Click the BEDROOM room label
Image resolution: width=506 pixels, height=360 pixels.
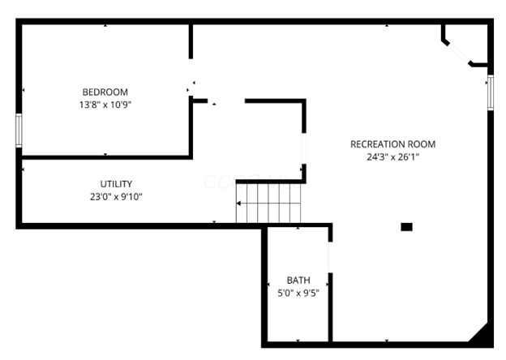click(x=105, y=92)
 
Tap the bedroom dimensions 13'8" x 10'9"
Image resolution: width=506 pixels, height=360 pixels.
click(x=105, y=104)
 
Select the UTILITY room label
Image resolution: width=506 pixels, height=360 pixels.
click(x=116, y=184)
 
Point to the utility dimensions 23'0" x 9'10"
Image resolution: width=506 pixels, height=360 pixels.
click(x=116, y=196)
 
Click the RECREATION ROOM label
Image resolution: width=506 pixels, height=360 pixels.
click(x=392, y=144)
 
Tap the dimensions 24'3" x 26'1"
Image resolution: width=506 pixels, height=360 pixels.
click(x=392, y=157)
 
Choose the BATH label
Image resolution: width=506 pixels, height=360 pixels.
click(x=298, y=281)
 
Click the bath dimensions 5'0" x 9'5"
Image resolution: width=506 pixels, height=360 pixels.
click(x=298, y=293)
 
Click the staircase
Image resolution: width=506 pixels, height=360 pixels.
click(x=268, y=203)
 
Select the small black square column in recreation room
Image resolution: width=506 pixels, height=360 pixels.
click(x=406, y=227)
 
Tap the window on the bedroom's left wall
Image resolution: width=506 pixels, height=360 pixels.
click(x=19, y=130)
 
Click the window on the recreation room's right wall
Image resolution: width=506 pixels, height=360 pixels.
click(x=490, y=92)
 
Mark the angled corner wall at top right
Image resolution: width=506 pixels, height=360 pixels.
click(x=457, y=49)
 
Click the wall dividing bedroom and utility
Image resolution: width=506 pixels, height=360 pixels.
click(x=105, y=156)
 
